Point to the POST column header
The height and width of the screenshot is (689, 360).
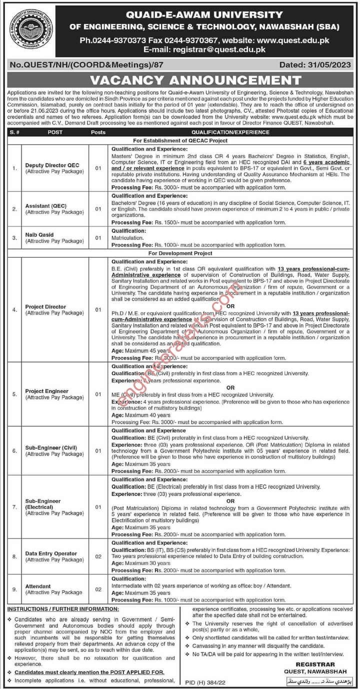click(55, 132)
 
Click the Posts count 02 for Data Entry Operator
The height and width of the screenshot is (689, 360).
click(98, 556)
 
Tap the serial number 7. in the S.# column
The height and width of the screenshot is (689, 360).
click(14, 507)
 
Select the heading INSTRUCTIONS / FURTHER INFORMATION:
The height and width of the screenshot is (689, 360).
click(62, 609)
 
